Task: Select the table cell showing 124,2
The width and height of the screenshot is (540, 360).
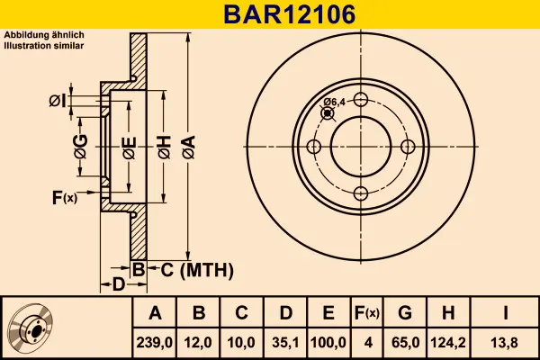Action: click(449, 342)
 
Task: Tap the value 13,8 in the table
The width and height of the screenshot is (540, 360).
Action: click(506, 342)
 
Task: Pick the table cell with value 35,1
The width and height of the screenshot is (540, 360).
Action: click(285, 342)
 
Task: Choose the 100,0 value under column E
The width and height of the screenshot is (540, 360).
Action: click(329, 342)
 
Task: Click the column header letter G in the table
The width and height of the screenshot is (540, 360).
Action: click(405, 313)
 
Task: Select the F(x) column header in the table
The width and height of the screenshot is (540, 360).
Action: click(367, 313)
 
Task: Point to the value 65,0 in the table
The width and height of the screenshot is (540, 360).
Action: click(405, 342)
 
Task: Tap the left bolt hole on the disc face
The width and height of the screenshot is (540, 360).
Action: click(314, 147)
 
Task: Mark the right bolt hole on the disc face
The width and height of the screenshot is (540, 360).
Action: click(407, 147)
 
